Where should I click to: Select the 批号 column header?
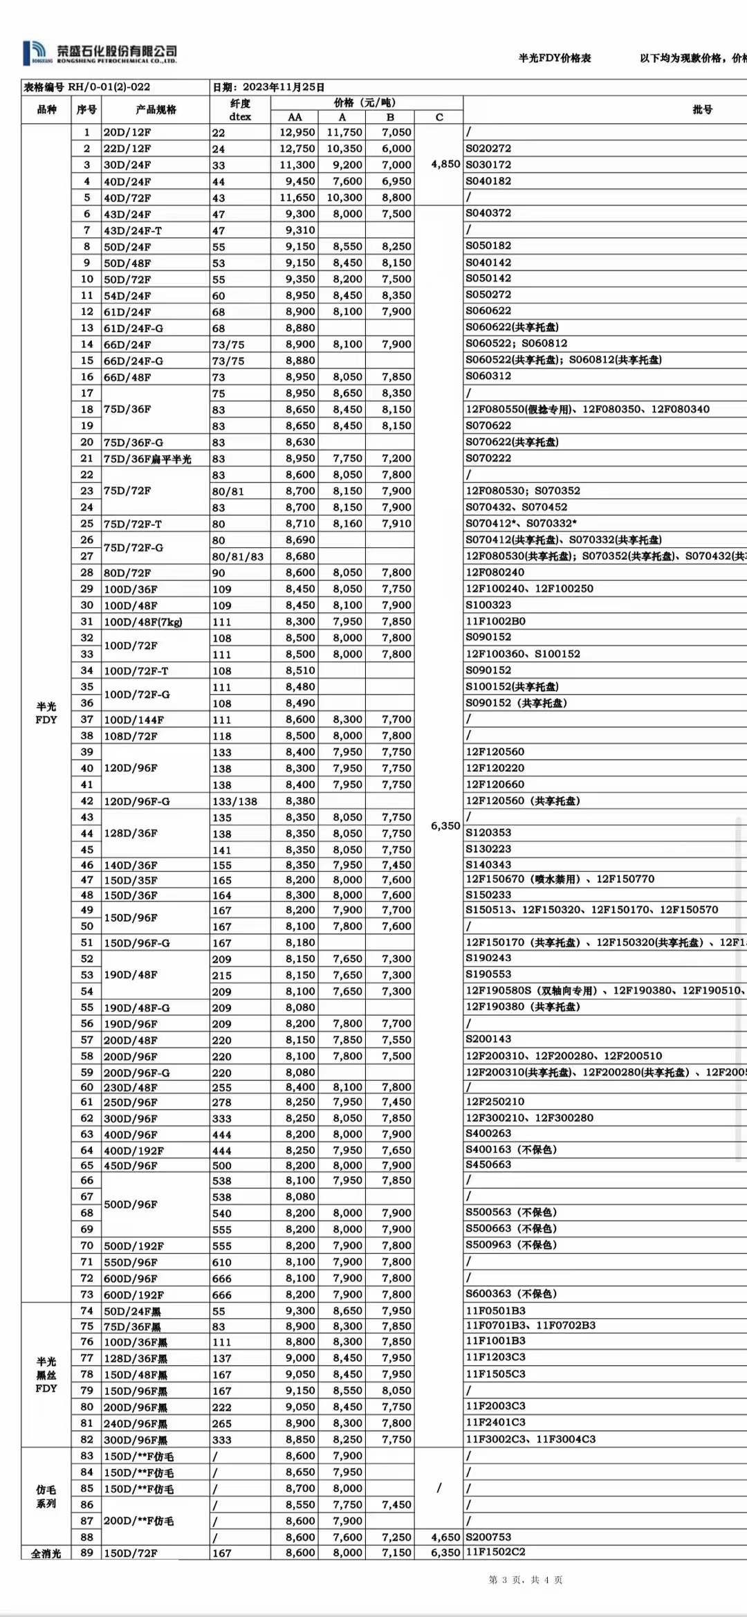click(x=701, y=109)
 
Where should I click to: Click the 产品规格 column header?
click(x=156, y=109)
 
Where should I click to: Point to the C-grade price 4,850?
click(x=445, y=164)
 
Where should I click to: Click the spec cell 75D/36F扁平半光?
click(x=147, y=459)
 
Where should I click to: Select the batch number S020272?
click(x=488, y=148)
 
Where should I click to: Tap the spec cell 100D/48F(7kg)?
click(x=143, y=622)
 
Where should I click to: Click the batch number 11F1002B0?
click(x=495, y=621)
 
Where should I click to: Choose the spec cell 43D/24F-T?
click(x=132, y=230)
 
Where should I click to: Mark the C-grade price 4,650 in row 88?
click(x=445, y=1537)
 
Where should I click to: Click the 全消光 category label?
click(x=46, y=1554)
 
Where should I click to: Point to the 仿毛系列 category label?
click(x=46, y=1497)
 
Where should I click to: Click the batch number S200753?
click(x=488, y=1537)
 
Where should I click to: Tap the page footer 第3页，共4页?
click(x=525, y=1580)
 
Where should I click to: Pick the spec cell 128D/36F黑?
click(x=136, y=1359)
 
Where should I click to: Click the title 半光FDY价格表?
click(x=555, y=58)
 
